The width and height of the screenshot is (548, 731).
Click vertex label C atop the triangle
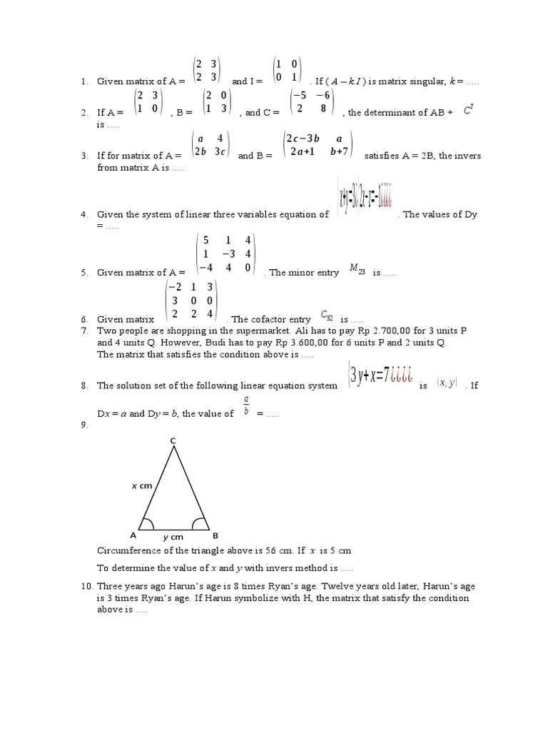pyautogui.click(x=173, y=442)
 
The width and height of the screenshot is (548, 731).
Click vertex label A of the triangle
pyautogui.click(x=133, y=535)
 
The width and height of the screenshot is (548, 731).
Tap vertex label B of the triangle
pyautogui.click(x=215, y=535)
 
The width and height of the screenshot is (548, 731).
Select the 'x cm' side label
pyautogui.click(x=142, y=485)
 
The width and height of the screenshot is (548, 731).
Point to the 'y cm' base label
pyautogui.click(x=173, y=537)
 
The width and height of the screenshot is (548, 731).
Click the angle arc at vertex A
pyautogui.click(x=147, y=523)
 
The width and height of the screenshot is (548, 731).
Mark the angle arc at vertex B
pyautogui.click(x=201, y=523)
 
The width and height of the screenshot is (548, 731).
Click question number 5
pyautogui.click(x=83, y=273)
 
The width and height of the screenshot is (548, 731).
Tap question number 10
pyautogui.click(x=86, y=586)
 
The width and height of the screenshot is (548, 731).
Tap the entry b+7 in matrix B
pyautogui.click(x=341, y=151)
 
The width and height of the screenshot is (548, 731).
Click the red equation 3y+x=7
pyautogui.click(x=379, y=376)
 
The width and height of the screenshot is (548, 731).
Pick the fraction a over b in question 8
pyautogui.click(x=245, y=406)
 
